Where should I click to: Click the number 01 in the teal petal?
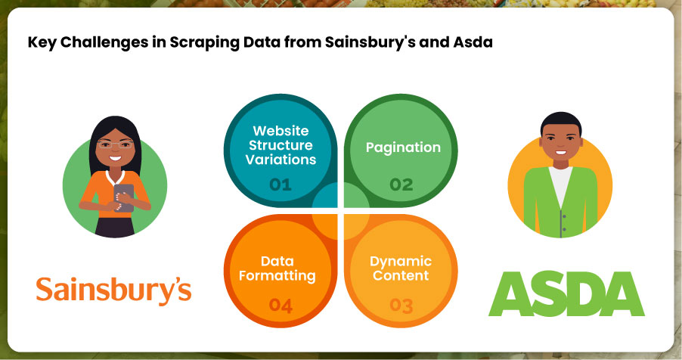tap(280, 183)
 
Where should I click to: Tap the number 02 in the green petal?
tap(402, 183)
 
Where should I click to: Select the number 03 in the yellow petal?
tap(402, 305)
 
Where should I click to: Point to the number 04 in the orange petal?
tap(280, 305)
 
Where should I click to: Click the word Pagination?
tap(403, 147)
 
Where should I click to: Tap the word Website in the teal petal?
tap(281, 131)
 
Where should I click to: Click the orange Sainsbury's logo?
tap(113, 289)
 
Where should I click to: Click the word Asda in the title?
tap(473, 42)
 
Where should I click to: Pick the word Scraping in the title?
tap(193, 42)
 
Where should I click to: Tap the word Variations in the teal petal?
tap(281, 160)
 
